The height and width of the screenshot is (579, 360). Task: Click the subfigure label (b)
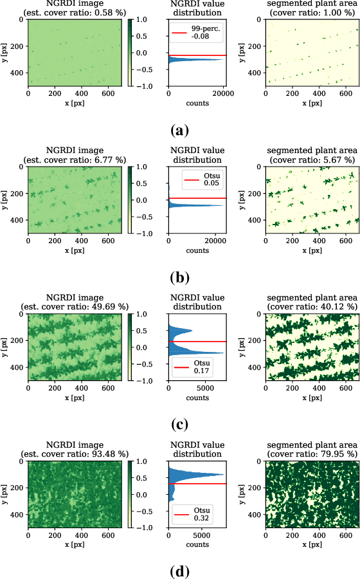179,278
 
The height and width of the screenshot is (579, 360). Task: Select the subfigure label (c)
179,425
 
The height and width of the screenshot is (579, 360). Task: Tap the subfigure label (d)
179,571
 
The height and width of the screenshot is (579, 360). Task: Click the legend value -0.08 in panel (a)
200,37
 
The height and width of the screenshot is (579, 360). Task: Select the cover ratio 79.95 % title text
312,454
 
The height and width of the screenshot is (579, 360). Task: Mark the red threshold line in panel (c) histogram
197,341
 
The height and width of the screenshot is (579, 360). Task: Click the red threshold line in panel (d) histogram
197,483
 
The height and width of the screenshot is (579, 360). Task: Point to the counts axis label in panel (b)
197,251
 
